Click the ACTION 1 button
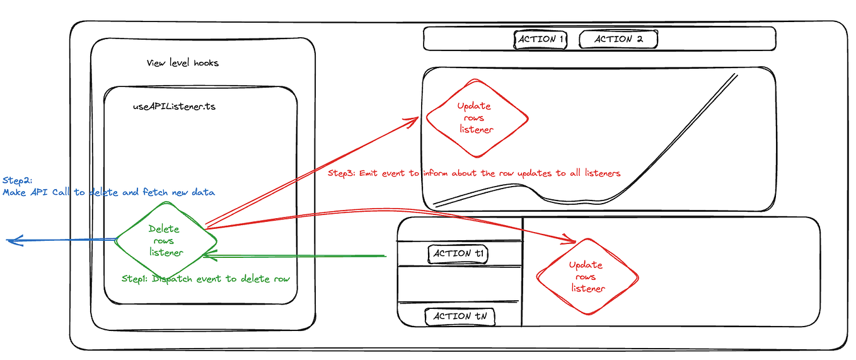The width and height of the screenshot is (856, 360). [x=541, y=40]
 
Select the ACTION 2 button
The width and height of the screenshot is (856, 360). [x=618, y=40]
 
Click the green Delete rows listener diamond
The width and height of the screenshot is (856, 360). [x=166, y=241]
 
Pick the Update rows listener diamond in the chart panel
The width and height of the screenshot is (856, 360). [x=477, y=118]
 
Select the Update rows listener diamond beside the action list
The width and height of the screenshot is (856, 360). [x=586, y=277]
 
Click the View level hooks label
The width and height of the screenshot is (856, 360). [x=183, y=63]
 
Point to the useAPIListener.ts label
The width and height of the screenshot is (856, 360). [x=174, y=107]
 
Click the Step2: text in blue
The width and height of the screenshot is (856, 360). [x=16, y=180]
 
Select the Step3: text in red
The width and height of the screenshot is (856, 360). [x=342, y=173]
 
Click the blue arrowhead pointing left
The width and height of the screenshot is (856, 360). [x=13, y=240]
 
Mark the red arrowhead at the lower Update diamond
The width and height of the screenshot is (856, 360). [x=570, y=240]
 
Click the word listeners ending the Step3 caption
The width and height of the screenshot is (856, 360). [x=599, y=173]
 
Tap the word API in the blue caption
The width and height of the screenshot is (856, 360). [x=47, y=192]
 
